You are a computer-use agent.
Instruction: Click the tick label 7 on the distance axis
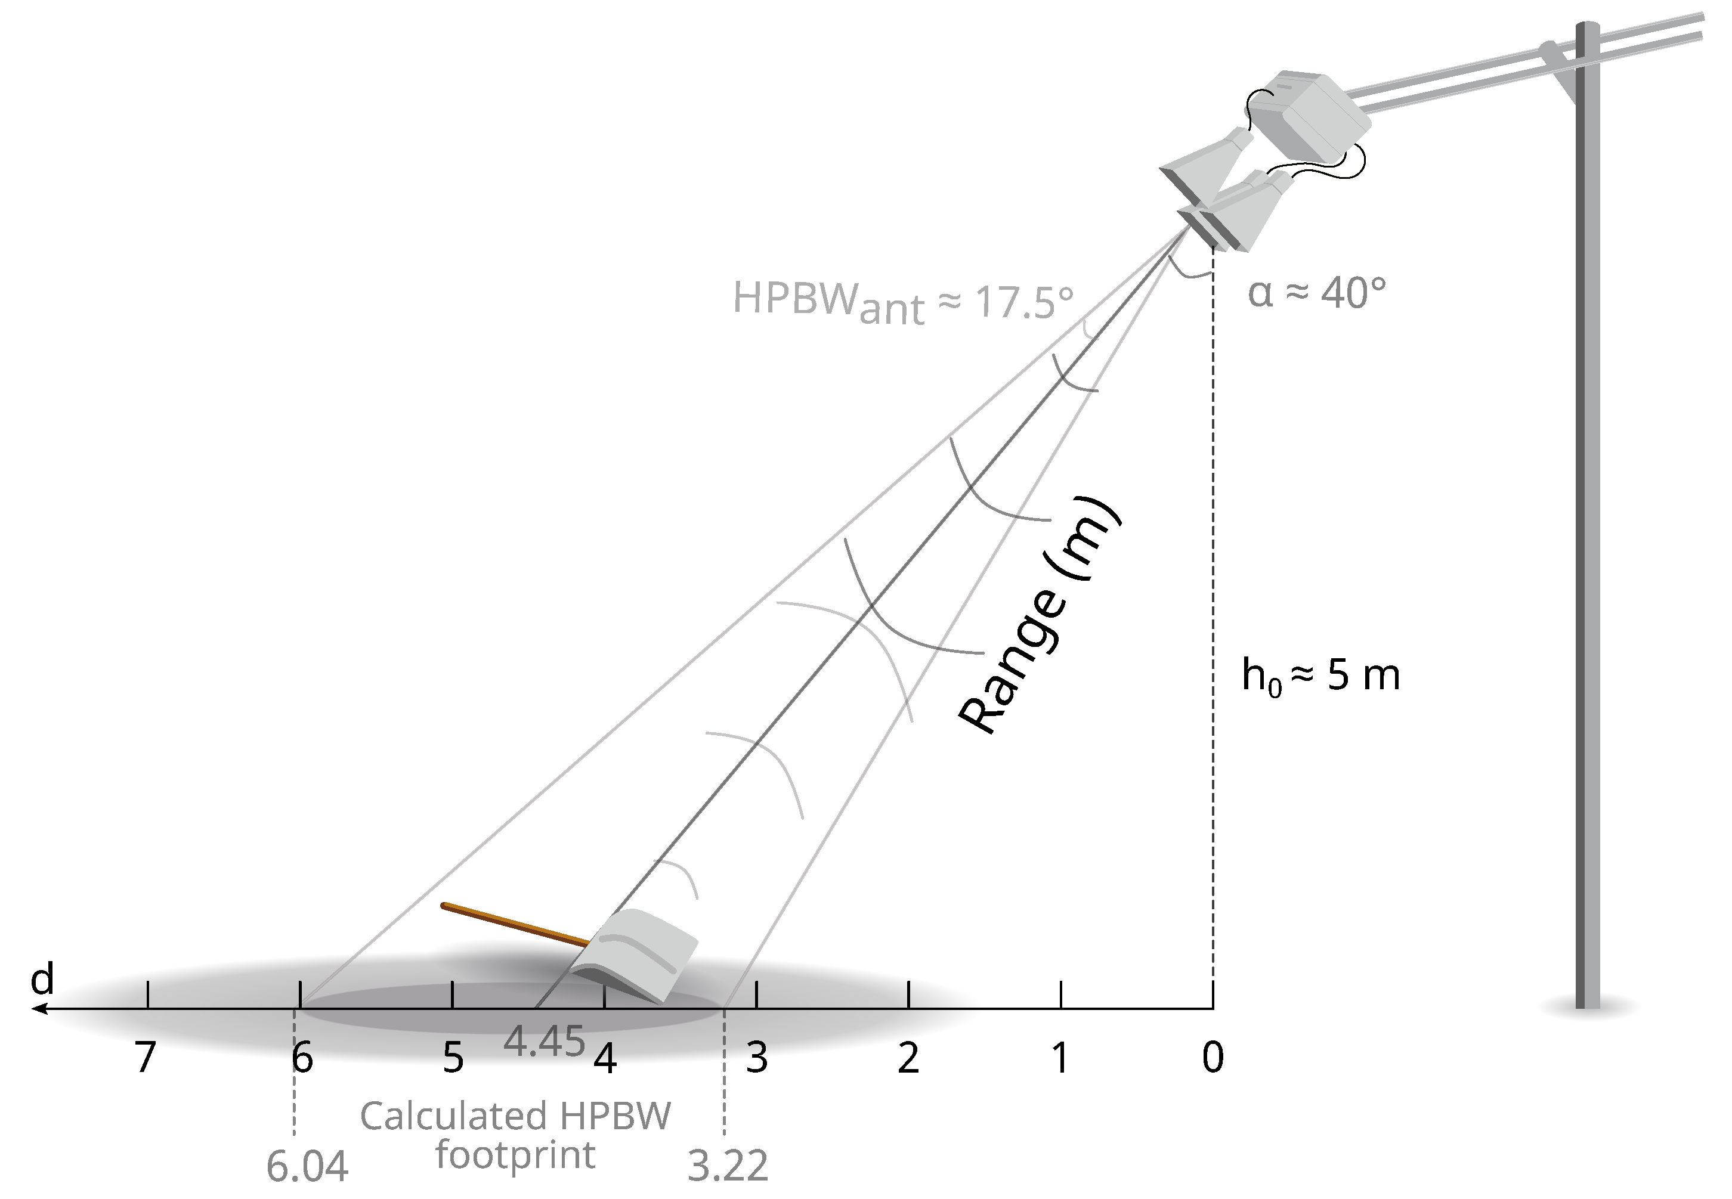pyautogui.click(x=145, y=1058)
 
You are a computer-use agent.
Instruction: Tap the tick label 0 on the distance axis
pyautogui.click(x=1213, y=1058)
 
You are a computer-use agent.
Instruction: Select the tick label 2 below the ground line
pyautogui.click(x=908, y=1058)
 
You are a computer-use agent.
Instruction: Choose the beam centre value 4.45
pyautogui.click(x=544, y=1042)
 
